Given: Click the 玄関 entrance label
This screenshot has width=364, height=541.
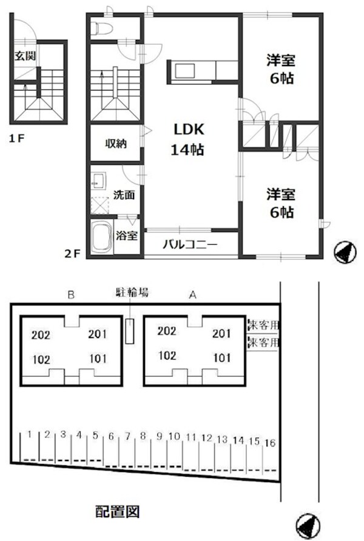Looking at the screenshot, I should (25, 56).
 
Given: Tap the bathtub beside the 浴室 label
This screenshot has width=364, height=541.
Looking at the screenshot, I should (101, 238).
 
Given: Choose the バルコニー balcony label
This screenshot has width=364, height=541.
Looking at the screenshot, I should (190, 245).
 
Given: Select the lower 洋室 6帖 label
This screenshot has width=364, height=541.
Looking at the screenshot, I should (280, 203).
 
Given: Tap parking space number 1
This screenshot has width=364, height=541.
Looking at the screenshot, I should (29, 434).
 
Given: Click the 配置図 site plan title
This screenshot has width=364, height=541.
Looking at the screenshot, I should (118, 512).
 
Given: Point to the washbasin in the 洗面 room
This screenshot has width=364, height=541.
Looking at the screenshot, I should (99, 181).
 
